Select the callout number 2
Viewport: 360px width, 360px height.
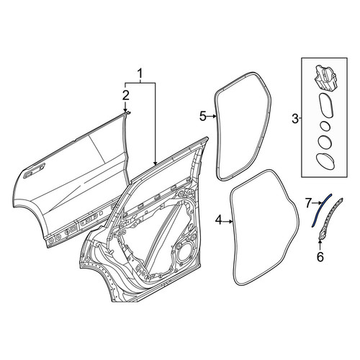(x=126, y=96)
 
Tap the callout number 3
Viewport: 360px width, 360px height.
(x=295, y=119)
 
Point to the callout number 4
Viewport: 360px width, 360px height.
(x=219, y=220)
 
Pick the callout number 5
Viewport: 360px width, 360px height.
(x=203, y=117)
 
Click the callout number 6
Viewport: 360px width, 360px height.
(x=320, y=257)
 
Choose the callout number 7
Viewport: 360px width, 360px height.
(x=309, y=203)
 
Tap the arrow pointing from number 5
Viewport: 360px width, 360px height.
(x=212, y=117)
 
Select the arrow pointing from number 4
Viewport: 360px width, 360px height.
(x=228, y=222)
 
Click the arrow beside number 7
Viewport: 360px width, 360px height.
(x=317, y=203)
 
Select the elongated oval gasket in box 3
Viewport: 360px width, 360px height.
(x=327, y=106)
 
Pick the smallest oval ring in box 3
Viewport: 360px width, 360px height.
(x=325, y=126)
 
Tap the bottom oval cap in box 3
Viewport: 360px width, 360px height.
(x=326, y=161)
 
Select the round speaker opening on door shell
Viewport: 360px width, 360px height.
(x=185, y=256)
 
